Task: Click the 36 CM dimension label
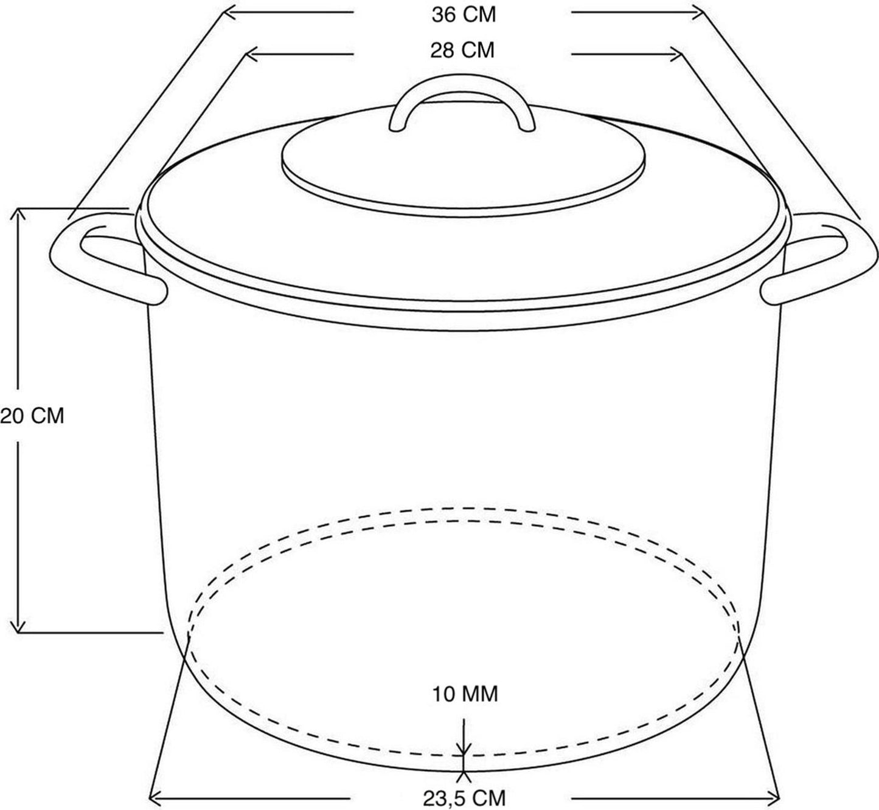pos(464,15)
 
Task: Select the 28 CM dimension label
pos(462,50)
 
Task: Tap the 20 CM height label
pos(32,416)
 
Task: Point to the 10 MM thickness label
pos(465,693)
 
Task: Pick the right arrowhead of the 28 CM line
pos(676,55)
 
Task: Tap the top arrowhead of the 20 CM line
pos(18,213)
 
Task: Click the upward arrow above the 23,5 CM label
pos(464,776)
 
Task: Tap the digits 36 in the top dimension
pos(443,15)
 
